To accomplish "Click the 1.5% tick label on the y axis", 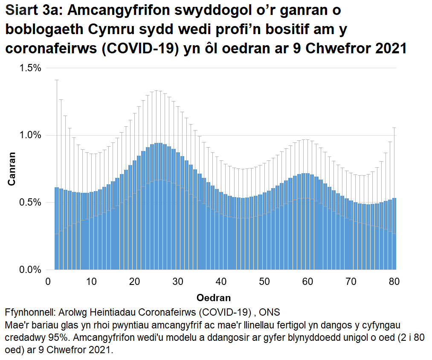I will [30, 68].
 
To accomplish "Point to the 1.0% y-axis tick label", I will [30, 135].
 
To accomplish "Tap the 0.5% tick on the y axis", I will [30, 203].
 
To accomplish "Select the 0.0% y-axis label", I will [30, 270].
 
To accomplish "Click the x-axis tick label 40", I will [221, 282].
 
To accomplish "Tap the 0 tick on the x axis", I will [48, 282].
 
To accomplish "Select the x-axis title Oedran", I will [214, 297].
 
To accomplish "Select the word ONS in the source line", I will [269, 311].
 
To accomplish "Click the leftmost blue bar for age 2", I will [56, 230].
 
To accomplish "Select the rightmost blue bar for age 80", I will [394, 235].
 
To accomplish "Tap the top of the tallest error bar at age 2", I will [56, 80].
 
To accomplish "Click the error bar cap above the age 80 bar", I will [394, 128].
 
